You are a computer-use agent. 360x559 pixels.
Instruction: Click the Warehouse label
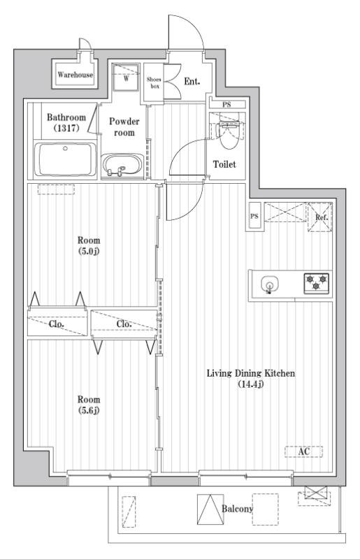pos(75,75)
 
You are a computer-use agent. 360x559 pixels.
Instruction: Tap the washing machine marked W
pos(126,78)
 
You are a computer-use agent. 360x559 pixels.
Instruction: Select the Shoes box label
pos(154,82)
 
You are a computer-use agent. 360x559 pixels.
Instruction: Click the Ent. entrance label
pos(192,82)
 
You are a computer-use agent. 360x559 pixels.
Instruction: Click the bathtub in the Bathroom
pos(66,159)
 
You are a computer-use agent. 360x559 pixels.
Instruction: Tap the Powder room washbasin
pos(122,166)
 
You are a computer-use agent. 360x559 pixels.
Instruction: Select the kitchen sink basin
pos(268,285)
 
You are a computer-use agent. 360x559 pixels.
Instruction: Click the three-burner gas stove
pos(316,283)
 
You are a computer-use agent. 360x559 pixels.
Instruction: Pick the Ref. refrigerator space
pos(319,217)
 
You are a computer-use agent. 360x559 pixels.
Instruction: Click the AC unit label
pos(303,451)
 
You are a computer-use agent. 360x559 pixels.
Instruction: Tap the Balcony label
pos(237,509)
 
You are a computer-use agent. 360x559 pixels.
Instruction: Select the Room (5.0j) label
pos(89,245)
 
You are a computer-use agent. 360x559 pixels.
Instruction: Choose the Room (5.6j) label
pos(89,405)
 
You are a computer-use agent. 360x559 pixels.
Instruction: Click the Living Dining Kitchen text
pos(251,373)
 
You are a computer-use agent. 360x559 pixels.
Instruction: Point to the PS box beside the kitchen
pos(254,216)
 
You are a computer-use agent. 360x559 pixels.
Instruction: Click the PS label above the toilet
pos(226,104)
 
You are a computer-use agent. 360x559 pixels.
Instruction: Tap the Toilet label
pos(224,164)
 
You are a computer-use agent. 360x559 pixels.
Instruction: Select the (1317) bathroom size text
pos(66,128)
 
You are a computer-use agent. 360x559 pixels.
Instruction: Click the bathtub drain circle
pos(65,148)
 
